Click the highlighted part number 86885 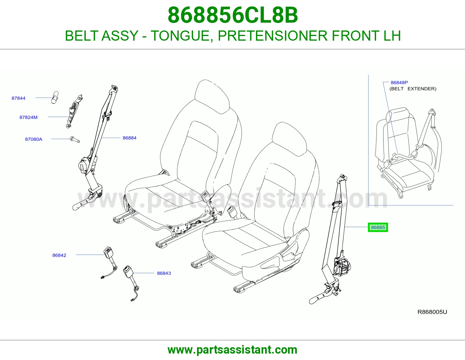coord(378,227)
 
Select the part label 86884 coord(129,138)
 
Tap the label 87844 coord(18,98)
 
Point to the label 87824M coord(28,117)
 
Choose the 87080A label coord(34,139)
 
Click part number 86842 coord(59,255)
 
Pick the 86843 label coord(164,273)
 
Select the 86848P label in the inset coord(399,82)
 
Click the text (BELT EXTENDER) coord(413,89)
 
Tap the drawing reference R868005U coord(432,312)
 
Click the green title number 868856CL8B coord(233,15)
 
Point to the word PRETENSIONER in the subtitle coord(273,36)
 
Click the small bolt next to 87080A coord(75,140)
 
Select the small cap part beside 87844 coord(55,98)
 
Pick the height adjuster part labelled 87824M coord(74,111)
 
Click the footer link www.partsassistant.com coord(233,350)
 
